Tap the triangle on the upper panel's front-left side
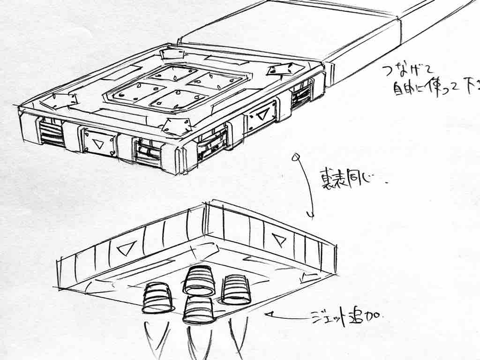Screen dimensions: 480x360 tap(99, 143)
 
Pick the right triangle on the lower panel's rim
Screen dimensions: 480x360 tap(280, 240)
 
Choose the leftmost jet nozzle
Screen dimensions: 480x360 tap(157, 298)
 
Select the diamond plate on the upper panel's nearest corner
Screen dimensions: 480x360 tap(175, 126)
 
